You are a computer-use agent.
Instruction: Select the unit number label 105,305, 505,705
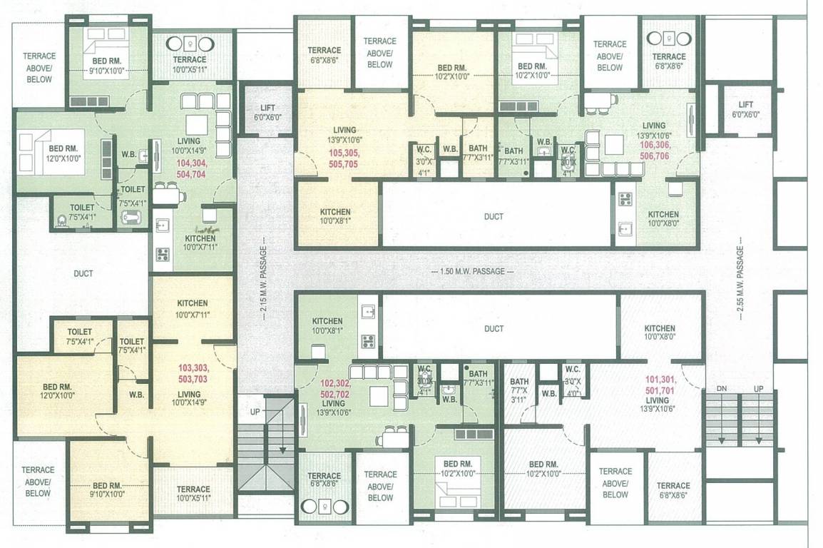pos(344,158)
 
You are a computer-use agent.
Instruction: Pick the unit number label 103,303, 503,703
pos(193,374)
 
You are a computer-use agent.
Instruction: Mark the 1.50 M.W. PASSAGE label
pos(472,272)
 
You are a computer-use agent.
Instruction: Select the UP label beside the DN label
pos(757,387)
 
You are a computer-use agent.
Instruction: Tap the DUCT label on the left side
pos(83,273)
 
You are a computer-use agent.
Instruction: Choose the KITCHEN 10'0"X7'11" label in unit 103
pos(192,308)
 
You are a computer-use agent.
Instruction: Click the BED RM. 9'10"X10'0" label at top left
pos(107,66)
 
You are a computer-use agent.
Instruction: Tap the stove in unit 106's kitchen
pos(625,199)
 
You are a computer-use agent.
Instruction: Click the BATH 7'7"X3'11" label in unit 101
pos(519,390)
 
